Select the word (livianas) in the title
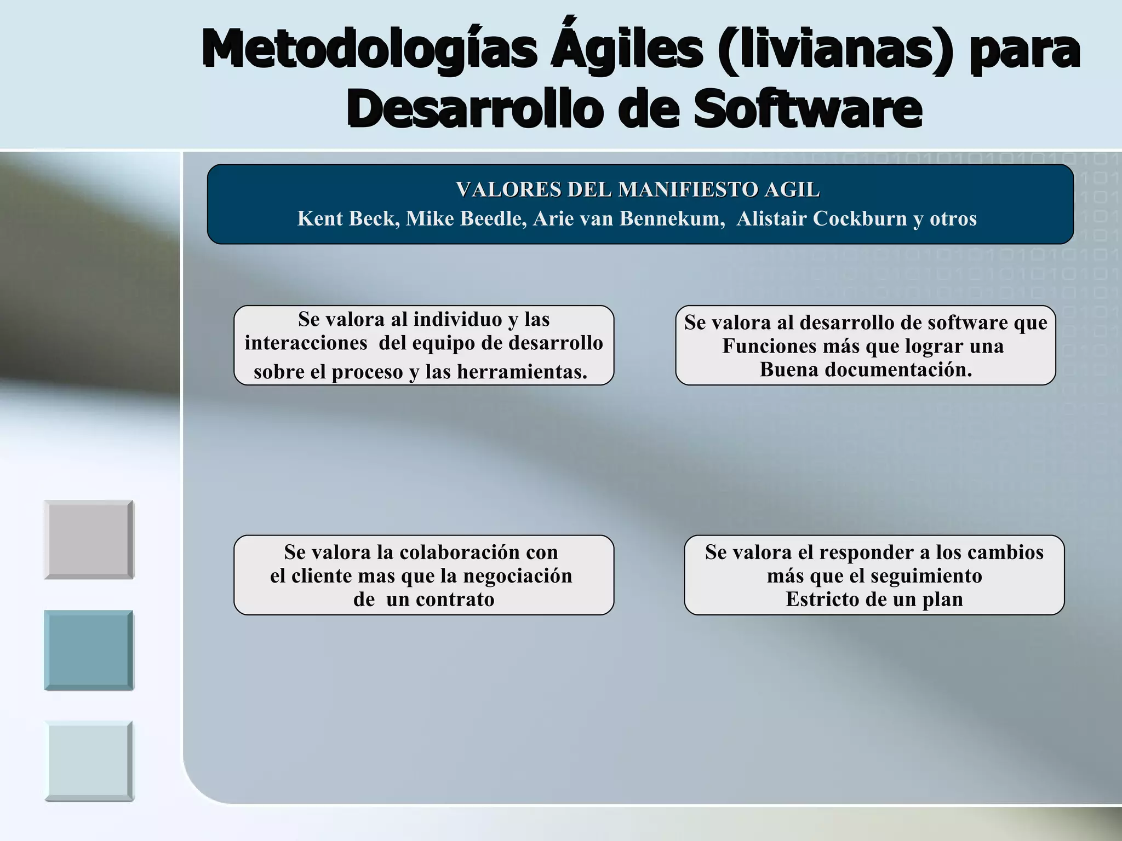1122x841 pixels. point(835,50)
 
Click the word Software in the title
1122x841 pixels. point(808,110)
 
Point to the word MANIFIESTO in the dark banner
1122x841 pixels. point(688,190)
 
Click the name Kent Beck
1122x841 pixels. point(348,218)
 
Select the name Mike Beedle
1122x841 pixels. point(466,218)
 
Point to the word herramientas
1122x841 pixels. point(522,372)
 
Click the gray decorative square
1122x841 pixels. point(89,539)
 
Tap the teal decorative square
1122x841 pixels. point(89,650)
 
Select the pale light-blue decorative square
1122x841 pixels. point(89,761)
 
